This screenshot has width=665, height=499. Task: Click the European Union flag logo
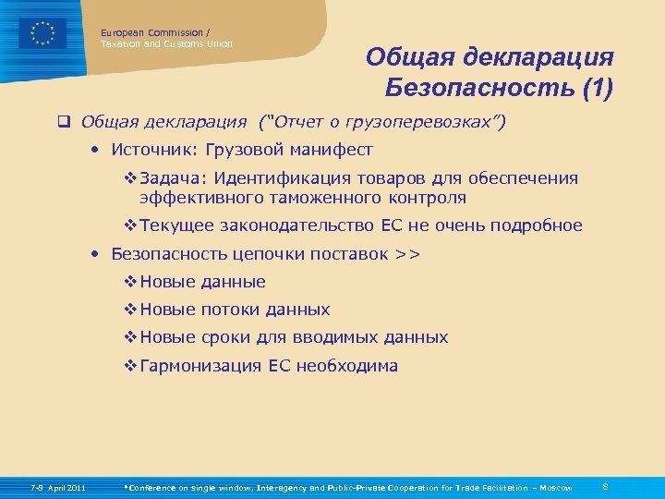click(x=42, y=34)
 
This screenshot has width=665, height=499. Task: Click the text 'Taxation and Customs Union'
click(x=166, y=43)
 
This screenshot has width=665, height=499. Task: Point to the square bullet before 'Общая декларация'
click(x=66, y=121)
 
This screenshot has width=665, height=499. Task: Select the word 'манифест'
click(x=332, y=149)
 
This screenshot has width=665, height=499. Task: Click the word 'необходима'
click(x=349, y=365)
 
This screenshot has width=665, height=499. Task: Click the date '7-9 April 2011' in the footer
click(x=58, y=488)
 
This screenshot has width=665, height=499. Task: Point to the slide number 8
click(x=604, y=486)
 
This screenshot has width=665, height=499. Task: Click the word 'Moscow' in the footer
click(x=555, y=488)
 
